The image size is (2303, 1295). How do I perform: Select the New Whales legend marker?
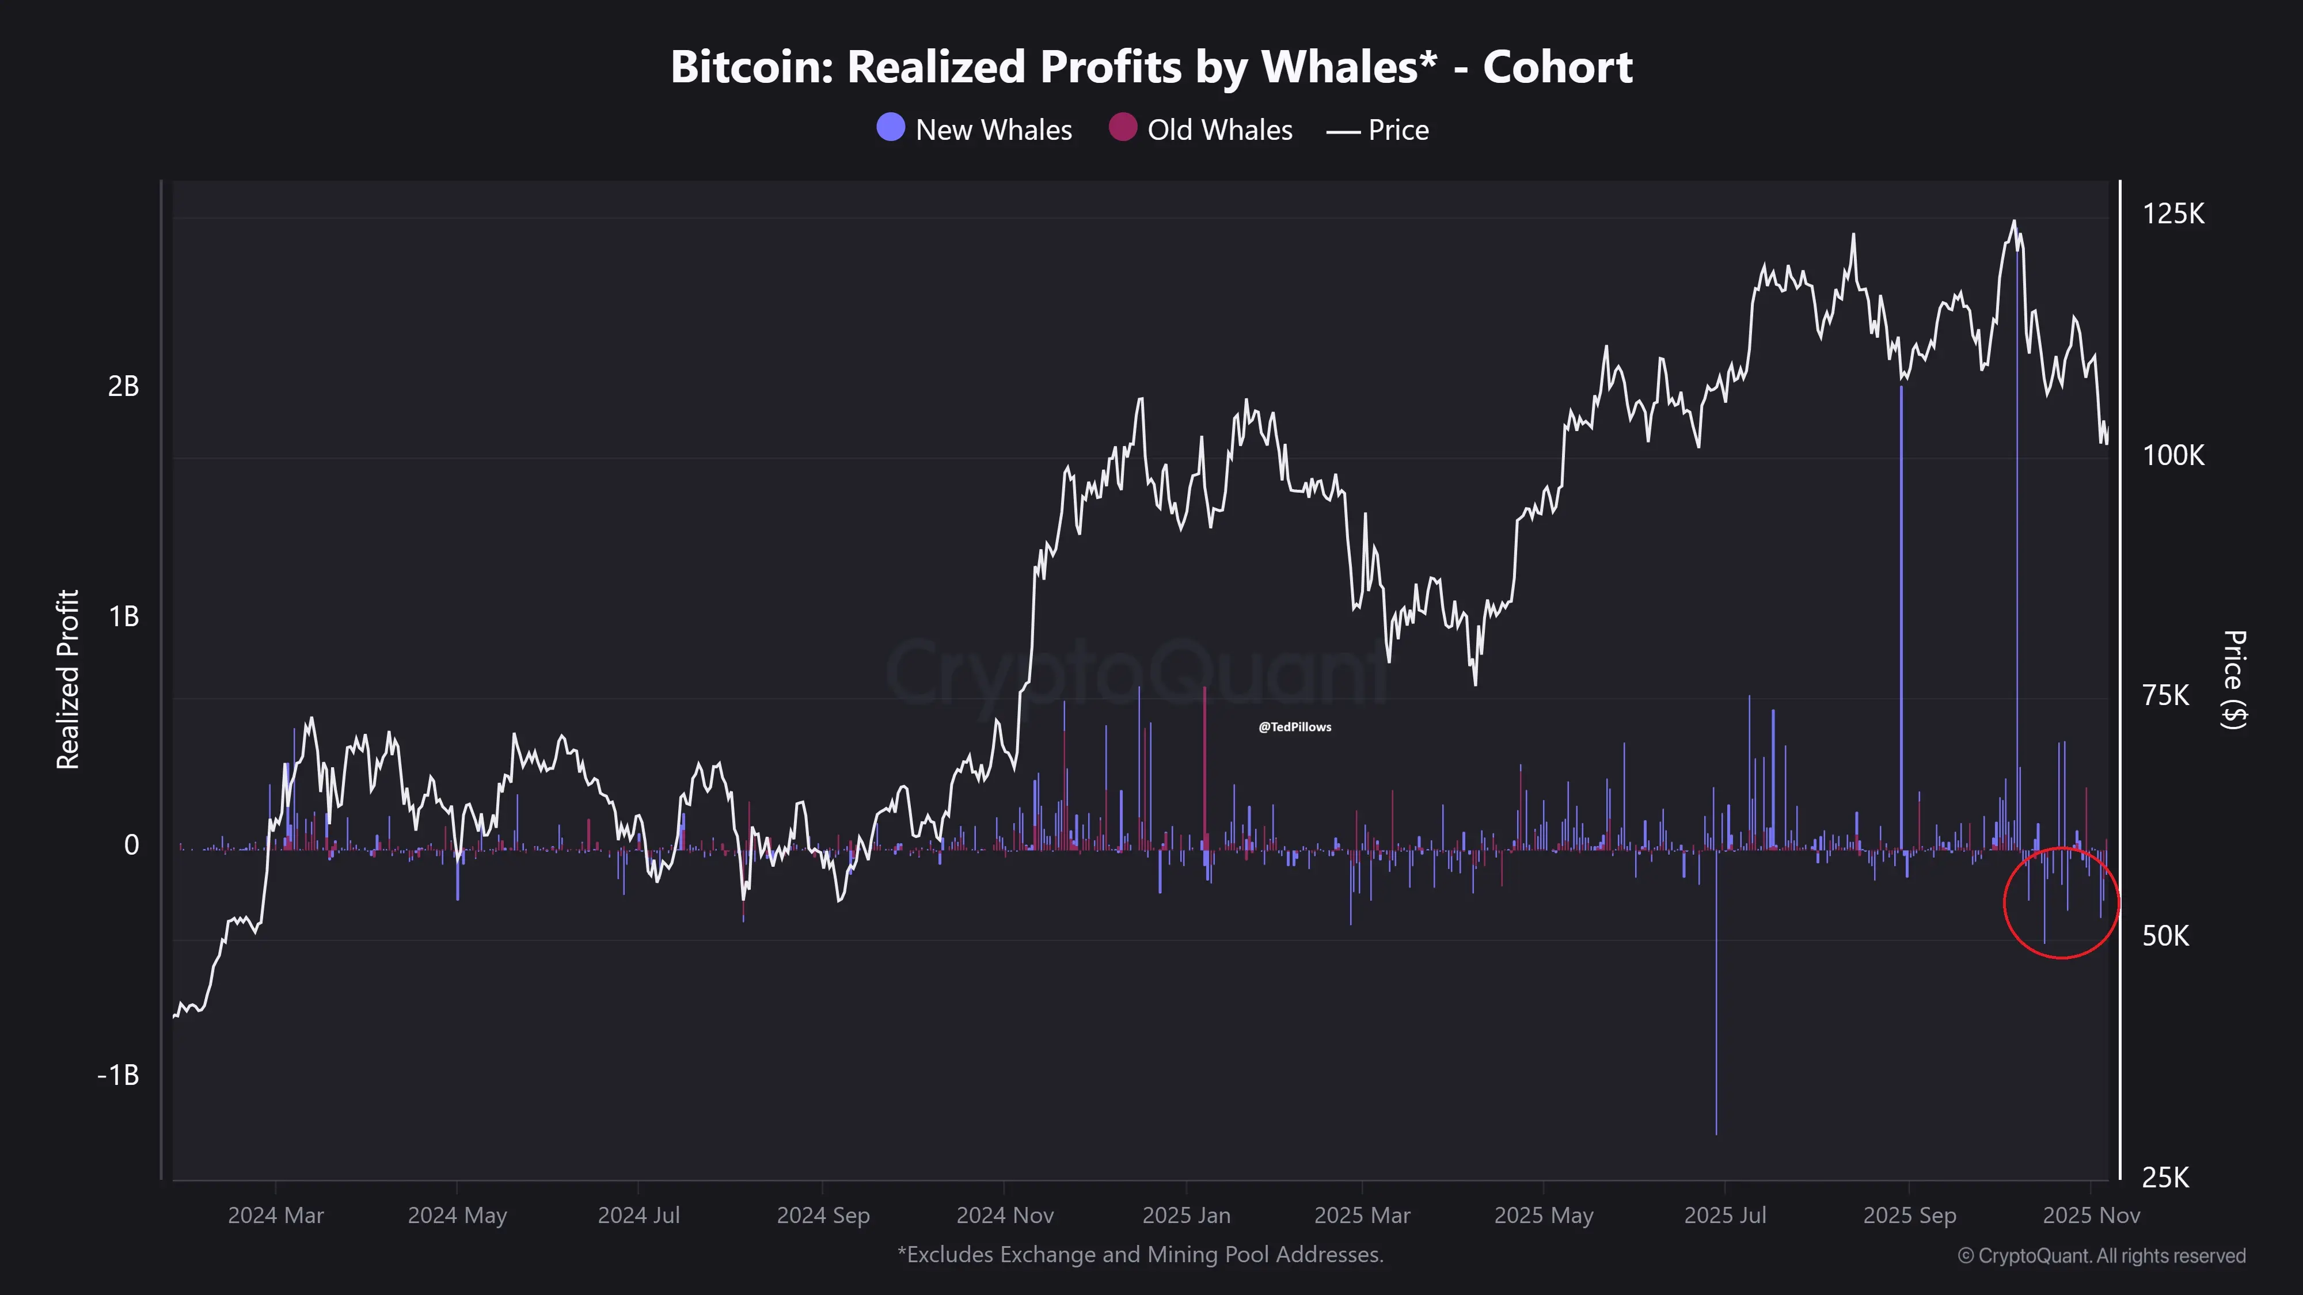coord(891,128)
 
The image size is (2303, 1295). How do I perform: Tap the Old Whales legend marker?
coord(1122,128)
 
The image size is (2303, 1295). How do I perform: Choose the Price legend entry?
coord(1378,131)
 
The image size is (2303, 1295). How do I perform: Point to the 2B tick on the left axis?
coord(123,386)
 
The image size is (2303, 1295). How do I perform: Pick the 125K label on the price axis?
coord(2173,215)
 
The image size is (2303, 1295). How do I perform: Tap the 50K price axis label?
coord(2165,936)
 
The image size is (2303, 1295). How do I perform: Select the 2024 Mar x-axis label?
coord(275,1216)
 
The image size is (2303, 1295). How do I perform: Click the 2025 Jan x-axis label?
coord(1187,1216)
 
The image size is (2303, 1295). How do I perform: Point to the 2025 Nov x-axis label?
coord(2091,1216)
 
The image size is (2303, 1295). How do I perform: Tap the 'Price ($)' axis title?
coord(2233,679)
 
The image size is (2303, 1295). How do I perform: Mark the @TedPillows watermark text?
coord(1294,726)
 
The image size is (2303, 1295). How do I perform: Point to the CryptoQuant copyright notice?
coord(2101,1256)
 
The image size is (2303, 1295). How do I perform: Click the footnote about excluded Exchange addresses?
coord(1140,1255)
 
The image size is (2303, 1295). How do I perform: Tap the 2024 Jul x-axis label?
coord(639,1216)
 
